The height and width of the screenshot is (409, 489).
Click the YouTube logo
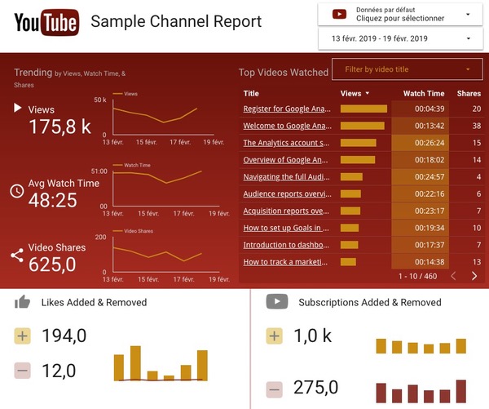coord(46,21)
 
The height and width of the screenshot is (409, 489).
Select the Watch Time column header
coord(424,94)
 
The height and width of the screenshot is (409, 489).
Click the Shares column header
coord(469,94)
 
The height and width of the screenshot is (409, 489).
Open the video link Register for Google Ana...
coord(288,109)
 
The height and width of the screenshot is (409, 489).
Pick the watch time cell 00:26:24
coord(424,143)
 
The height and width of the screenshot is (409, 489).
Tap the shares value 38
coord(475,126)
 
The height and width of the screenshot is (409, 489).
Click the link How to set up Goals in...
coord(288,228)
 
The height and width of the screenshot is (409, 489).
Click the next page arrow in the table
coord(474,277)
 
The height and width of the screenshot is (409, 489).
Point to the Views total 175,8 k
coord(59,127)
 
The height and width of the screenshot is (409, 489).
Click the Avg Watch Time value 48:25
coord(53,200)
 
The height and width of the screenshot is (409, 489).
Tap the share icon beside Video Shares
coord(17,256)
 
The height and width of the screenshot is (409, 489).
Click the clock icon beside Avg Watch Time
coord(17,191)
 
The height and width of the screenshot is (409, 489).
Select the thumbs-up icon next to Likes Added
coord(23,302)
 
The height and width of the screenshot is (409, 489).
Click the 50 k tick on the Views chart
coord(100,100)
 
